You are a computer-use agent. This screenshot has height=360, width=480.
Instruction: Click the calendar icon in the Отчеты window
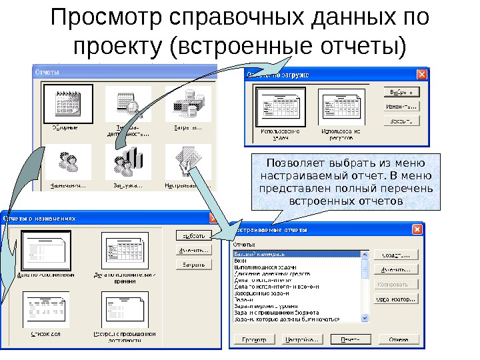65,103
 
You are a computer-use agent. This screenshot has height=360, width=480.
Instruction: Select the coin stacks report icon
183,103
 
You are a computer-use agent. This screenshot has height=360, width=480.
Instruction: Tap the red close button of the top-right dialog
421,75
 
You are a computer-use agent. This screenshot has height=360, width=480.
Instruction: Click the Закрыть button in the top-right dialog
401,121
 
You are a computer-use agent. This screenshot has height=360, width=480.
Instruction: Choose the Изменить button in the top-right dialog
401,106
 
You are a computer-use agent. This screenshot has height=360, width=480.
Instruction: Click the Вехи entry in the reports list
240,261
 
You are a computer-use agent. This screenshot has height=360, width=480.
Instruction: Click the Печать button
345,339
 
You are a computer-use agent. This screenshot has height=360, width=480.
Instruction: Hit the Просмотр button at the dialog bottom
254,339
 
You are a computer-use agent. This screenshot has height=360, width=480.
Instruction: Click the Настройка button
301,339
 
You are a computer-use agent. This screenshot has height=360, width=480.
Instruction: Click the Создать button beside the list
395,255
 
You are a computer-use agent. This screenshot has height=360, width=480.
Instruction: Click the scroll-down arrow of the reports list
364,317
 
